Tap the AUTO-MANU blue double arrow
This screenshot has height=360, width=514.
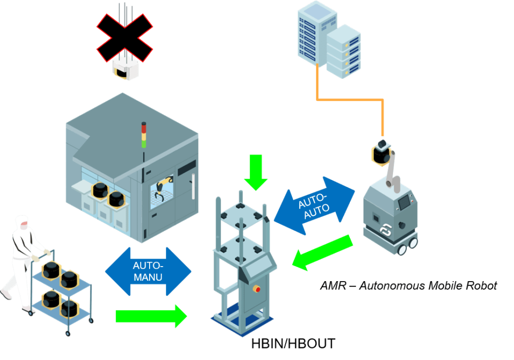tap(149, 272)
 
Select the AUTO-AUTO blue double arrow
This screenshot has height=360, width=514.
tap(314, 205)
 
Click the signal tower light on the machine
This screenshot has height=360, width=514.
tap(144, 135)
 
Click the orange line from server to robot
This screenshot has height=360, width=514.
tap(351, 99)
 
